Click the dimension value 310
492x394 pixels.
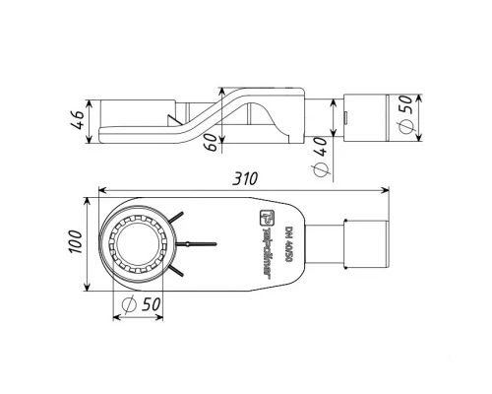[245, 178]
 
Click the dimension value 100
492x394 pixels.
[74, 242]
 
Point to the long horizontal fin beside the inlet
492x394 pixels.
[200, 242]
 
